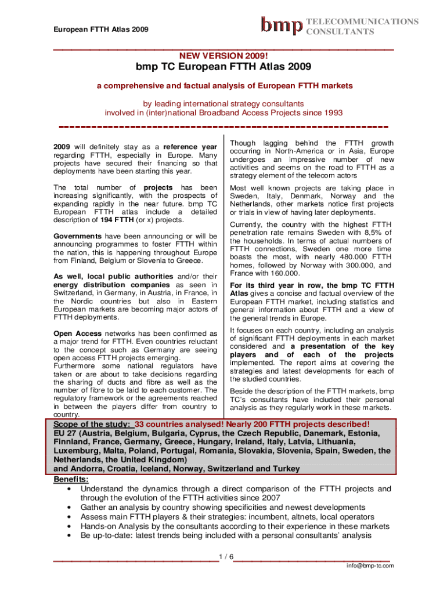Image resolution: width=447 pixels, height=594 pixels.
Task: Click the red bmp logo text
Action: [282, 25]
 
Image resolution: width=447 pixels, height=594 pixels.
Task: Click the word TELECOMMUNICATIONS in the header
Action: [362, 21]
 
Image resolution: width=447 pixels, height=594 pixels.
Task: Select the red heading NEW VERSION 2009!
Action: [223, 56]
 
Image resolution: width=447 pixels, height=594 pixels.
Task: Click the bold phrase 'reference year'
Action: [190, 147]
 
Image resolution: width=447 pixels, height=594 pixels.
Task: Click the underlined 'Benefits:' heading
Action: [71, 480]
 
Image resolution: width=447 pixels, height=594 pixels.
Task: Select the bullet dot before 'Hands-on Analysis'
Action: [70, 527]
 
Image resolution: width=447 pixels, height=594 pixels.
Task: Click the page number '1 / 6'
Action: [226, 557]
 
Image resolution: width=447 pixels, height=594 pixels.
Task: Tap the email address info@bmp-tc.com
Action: [370, 566]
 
